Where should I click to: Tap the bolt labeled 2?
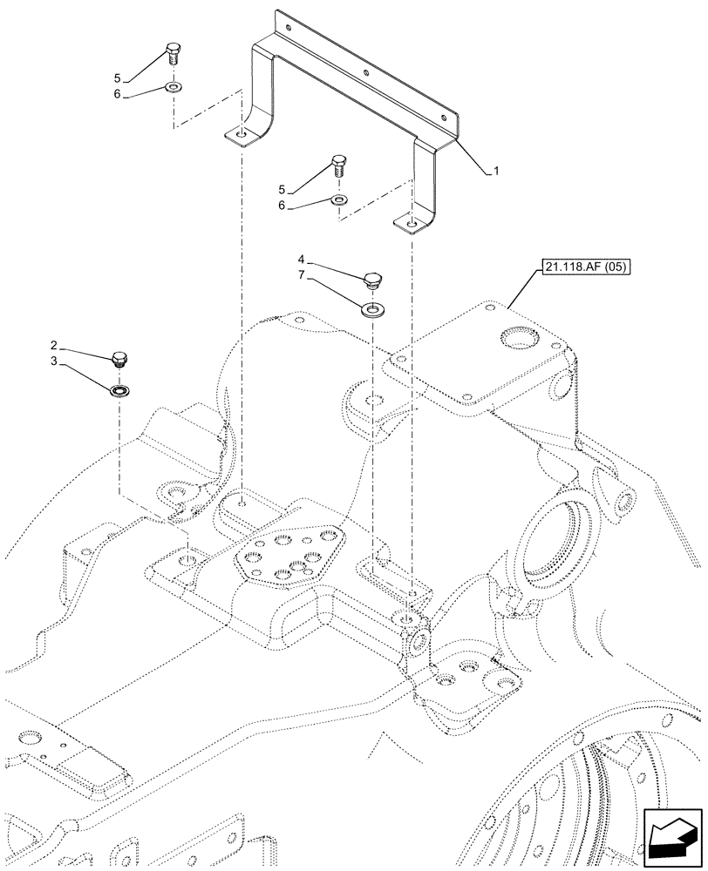[119, 358]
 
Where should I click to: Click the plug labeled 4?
[372, 280]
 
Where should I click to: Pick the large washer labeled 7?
[372, 308]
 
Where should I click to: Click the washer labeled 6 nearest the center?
[339, 199]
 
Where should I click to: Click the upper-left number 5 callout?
[117, 77]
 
